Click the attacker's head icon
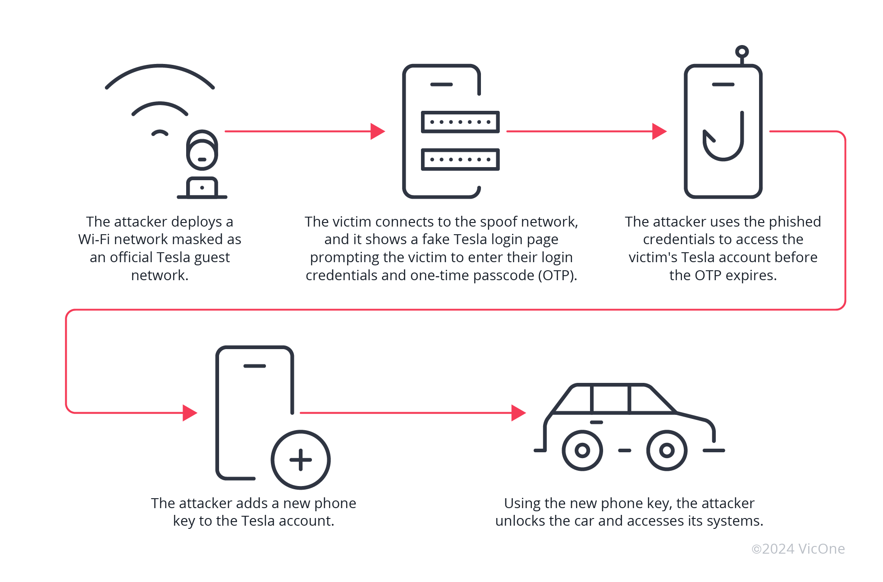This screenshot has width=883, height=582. (202, 150)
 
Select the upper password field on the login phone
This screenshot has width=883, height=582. (460, 122)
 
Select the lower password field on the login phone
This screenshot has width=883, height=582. (460, 159)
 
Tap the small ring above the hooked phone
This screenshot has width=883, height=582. (741, 52)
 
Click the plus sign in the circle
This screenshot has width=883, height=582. (301, 460)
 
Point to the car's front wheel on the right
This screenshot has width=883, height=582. (667, 450)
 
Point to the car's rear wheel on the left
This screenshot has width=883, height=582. (582, 450)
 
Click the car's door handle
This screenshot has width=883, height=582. (596, 422)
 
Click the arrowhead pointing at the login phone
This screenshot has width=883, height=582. (378, 131)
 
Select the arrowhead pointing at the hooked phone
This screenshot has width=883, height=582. (659, 131)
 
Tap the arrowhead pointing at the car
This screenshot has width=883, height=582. (518, 412)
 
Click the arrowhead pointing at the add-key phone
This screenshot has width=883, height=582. (190, 412)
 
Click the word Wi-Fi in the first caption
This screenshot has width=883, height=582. (92, 239)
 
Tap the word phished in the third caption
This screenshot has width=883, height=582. (794, 222)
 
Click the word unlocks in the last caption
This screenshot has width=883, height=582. (520, 521)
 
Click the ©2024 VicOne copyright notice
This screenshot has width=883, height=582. (798, 549)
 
